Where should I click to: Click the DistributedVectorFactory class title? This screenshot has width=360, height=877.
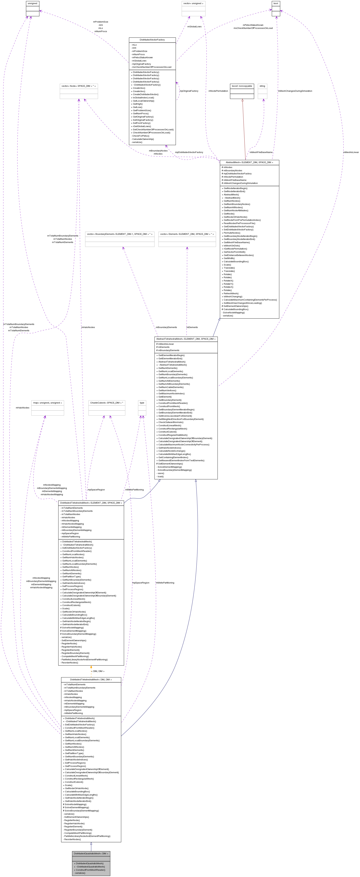coord(152,40)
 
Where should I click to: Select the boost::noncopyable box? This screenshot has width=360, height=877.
coord(242,86)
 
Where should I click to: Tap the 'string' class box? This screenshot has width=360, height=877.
coord(262,86)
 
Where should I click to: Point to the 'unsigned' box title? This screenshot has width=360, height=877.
coord(32,3)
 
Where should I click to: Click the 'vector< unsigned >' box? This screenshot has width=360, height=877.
coord(193,3)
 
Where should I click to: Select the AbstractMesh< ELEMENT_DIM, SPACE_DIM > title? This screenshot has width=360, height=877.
coord(249,162)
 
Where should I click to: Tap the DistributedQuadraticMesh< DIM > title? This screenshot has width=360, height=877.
coord(91,853)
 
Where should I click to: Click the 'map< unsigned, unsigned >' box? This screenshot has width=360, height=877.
coord(48,403)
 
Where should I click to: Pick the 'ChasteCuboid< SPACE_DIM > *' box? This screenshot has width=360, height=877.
coord(107,403)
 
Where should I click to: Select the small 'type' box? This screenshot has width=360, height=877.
coord(142,403)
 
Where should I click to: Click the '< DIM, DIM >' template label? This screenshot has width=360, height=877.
coord(98,671)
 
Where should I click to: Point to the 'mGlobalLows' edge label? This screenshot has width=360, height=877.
coord(194,27)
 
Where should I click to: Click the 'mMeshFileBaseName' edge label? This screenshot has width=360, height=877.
coord(261,152)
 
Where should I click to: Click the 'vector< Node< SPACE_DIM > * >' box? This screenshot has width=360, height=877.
coord(79,86)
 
